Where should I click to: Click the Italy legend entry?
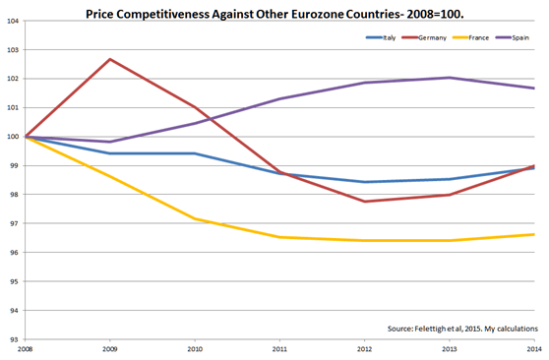381,37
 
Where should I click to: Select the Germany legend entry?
424,37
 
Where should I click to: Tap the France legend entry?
471,37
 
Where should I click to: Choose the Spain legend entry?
513,37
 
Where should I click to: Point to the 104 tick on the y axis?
13,21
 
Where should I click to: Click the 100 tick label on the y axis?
13,137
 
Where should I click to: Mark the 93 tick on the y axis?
15,339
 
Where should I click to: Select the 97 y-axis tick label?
15,223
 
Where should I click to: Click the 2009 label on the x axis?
110,349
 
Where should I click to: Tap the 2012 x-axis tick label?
364,349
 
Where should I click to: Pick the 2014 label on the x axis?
534,349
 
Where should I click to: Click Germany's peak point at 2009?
110,59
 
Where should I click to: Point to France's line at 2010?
195,219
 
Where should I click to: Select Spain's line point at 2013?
450,78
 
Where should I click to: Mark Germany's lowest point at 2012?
364,202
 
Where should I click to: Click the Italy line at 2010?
195,153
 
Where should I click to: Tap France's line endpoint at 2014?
534,234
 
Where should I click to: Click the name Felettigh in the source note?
429,329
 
